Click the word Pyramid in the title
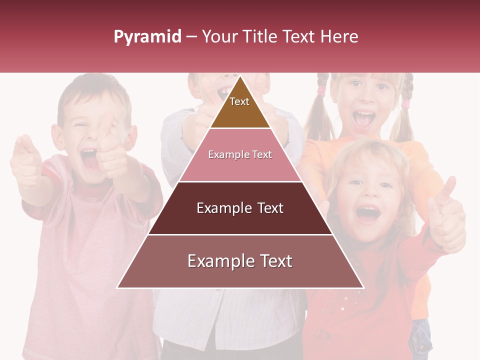(x=147, y=37)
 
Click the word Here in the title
(x=339, y=36)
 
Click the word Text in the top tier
(x=239, y=101)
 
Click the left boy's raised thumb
(x=106, y=123)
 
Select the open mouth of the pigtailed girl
(x=363, y=119)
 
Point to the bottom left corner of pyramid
(x=117, y=287)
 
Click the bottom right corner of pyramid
(x=363, y=287)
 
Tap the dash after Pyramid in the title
(x=191, y=37)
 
